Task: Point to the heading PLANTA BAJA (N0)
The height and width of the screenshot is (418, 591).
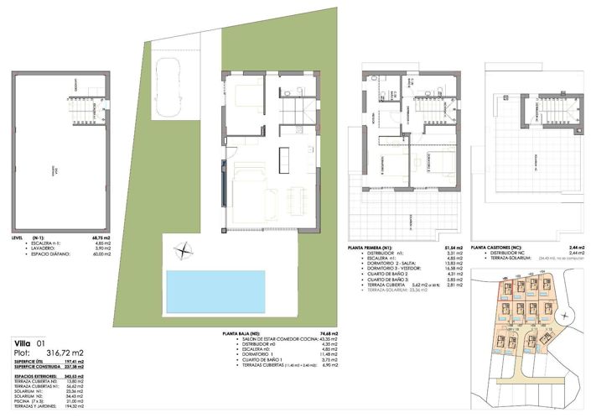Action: pos(239,334)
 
